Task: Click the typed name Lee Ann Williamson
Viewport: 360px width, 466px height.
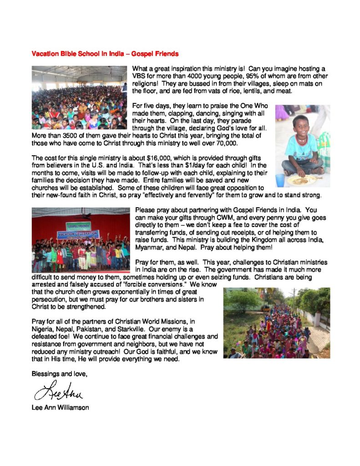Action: [x=60, y=407]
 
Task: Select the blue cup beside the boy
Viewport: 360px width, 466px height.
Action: [x=279, y=180]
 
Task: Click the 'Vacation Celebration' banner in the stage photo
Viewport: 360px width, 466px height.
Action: [x=77, y=234]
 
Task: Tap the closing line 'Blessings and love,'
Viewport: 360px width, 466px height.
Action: [x=59, y=374]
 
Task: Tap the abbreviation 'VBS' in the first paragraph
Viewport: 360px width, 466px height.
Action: [x=139, y=76]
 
